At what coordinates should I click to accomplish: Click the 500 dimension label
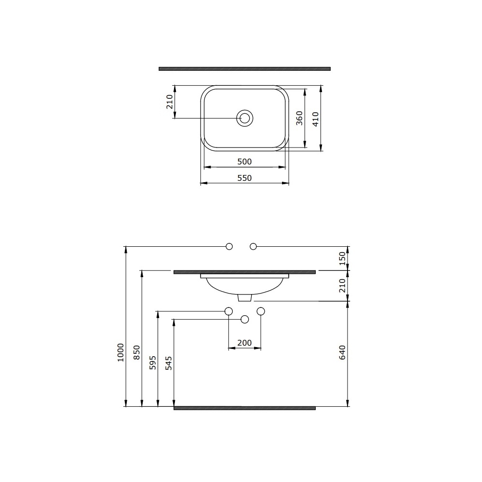coord(244,161)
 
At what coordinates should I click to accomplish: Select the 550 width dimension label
coord(244,178)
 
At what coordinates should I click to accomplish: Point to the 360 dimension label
coord(299,118)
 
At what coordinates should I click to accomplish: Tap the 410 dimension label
coord(316,119)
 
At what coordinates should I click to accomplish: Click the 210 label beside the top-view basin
coord(170,102)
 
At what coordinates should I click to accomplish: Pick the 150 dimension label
coord(342,258)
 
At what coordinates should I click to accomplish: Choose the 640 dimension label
coord(342,353)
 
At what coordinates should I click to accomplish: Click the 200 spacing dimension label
coord(244,342)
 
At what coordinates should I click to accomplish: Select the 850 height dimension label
coord(137,352)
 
